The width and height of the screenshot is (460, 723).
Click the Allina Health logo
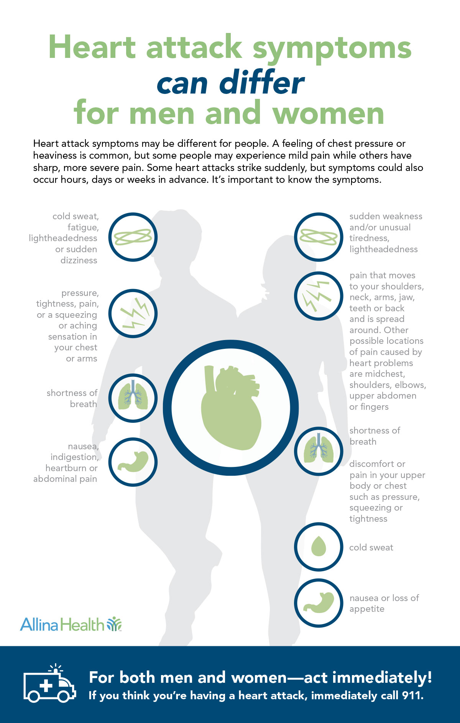[x=71, y=624]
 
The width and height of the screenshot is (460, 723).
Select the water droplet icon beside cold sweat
[x=319, y=547]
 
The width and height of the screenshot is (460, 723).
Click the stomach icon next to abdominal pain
[x=133, y=462]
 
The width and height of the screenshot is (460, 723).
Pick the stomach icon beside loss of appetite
[x=319, y=603]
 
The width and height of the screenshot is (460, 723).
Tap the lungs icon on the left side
[x=133, y=398]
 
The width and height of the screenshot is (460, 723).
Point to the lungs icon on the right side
[x=319, y=451]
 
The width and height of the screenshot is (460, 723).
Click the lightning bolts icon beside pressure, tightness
[x=133, y=314]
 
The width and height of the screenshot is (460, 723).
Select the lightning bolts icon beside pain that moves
[x=319, y=296]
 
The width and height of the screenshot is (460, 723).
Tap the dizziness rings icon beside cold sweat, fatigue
[x=133, y=237]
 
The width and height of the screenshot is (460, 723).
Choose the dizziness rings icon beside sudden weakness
[x=319, y=237]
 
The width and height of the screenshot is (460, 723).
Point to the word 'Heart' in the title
[x=92, y=48]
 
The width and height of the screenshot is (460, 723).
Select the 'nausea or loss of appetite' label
[x=384, y=603]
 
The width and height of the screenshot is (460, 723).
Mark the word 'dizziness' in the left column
[x=79, y=260]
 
